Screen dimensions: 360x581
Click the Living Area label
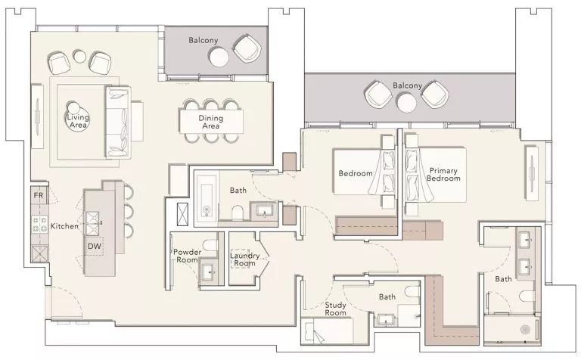[x=76, y=121]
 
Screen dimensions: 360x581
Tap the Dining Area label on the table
[x=210, y=122]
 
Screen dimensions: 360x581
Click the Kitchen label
[x=64, y=226]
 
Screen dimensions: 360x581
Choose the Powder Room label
[x=186, y=256]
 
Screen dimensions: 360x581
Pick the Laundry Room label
[x=244, y=259]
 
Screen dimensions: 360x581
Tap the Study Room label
[x=336, y=309]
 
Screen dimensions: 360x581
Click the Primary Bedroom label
[x=444, y=175]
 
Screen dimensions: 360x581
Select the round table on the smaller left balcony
[x=219, y=57]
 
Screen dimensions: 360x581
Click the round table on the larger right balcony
[x=407, y=101]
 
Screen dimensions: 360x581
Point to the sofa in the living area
[x=117, y=121]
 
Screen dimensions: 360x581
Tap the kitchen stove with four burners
[x=38, y=224]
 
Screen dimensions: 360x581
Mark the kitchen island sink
[x=95, y=220]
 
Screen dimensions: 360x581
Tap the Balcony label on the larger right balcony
[x=407, y=85]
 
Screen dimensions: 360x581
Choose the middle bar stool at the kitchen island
[x=127, y=209]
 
